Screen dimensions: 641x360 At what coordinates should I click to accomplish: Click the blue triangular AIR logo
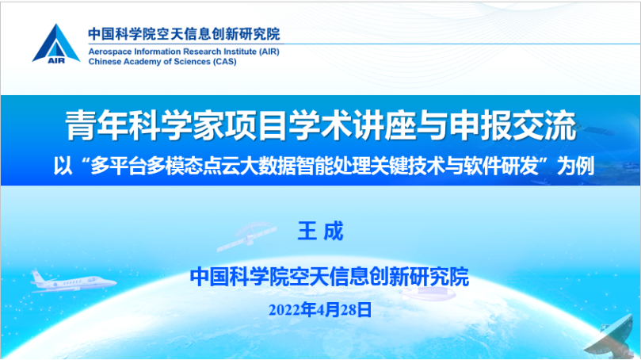coord(56,44)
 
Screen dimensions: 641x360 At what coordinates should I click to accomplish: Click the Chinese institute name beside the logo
coord(184,34)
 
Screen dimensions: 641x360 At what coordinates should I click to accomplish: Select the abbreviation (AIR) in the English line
coord(269,52)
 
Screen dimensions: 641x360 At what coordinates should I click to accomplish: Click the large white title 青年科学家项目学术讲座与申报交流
coord(321,125)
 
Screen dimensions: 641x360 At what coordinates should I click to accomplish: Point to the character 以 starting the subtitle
coord(63,166)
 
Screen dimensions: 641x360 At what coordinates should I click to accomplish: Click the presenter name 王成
coord(320,231)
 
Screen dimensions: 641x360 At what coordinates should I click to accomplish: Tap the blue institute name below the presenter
coord(330,277)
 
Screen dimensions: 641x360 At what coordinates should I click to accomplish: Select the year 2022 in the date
coord(284,310)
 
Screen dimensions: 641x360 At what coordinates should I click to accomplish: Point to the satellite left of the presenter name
coord(246,236)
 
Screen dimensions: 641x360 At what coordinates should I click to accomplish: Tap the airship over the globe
coord(427,293)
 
